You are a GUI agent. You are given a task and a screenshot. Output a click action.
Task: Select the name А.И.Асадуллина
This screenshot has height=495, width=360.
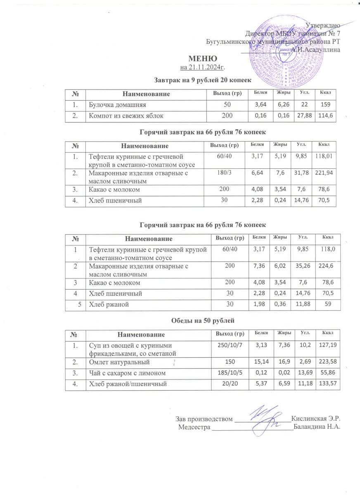[x=315, y=49]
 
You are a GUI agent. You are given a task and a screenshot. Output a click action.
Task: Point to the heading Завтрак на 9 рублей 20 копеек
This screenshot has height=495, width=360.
[x=203, y=78]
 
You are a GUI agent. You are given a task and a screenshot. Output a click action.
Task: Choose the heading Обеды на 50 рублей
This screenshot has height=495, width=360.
[x=202, y=320]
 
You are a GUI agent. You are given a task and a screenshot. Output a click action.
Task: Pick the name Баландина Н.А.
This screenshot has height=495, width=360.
[x=316, y=427]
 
